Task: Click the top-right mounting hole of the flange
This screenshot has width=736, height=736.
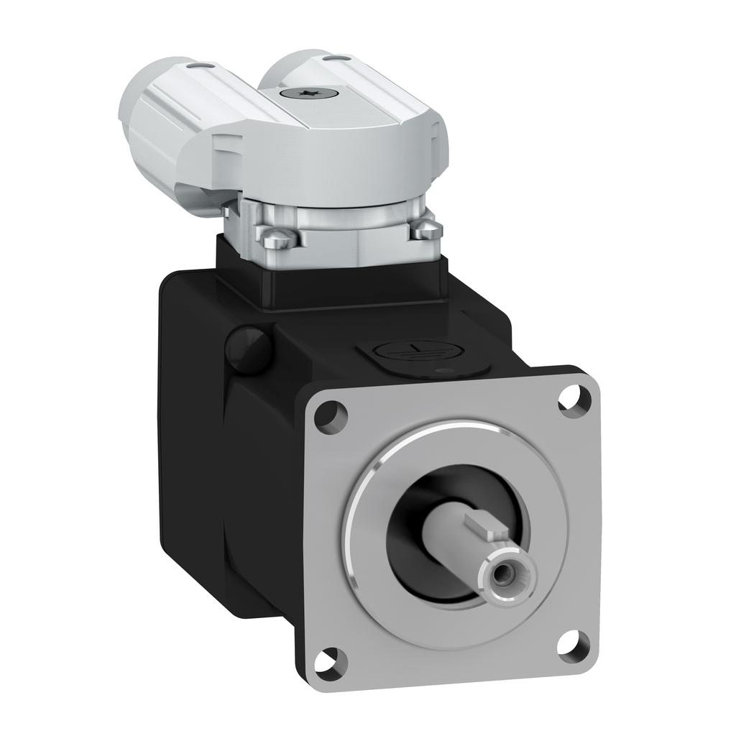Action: coord(574,399)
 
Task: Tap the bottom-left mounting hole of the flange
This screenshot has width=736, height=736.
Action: coord(329,658)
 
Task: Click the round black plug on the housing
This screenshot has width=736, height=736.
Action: coord(248,349)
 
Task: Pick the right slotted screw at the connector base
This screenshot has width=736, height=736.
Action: coord(426,228)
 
